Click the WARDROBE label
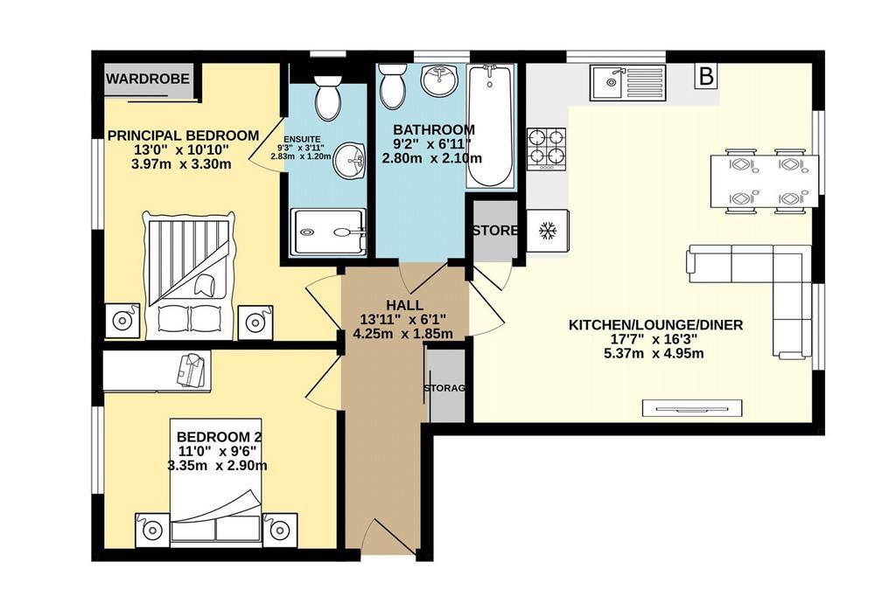tap(147, 78)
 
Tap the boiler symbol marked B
tap(707, 76)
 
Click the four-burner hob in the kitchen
tap(547, 149)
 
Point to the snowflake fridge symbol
tap(548, 231)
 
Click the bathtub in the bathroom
tap(490, 126)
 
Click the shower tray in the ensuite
tap(328, 232)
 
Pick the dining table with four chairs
tap(764, 181)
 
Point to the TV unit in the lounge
tap(693, 407)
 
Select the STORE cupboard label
tap(495, 231)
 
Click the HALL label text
tap(404, 305)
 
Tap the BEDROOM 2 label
tap(219, 437)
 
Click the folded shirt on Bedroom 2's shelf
tap(191, 370)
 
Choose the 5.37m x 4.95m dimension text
tap(654, 353)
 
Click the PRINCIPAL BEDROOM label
tap(184, 135)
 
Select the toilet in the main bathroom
tap(393, 85)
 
